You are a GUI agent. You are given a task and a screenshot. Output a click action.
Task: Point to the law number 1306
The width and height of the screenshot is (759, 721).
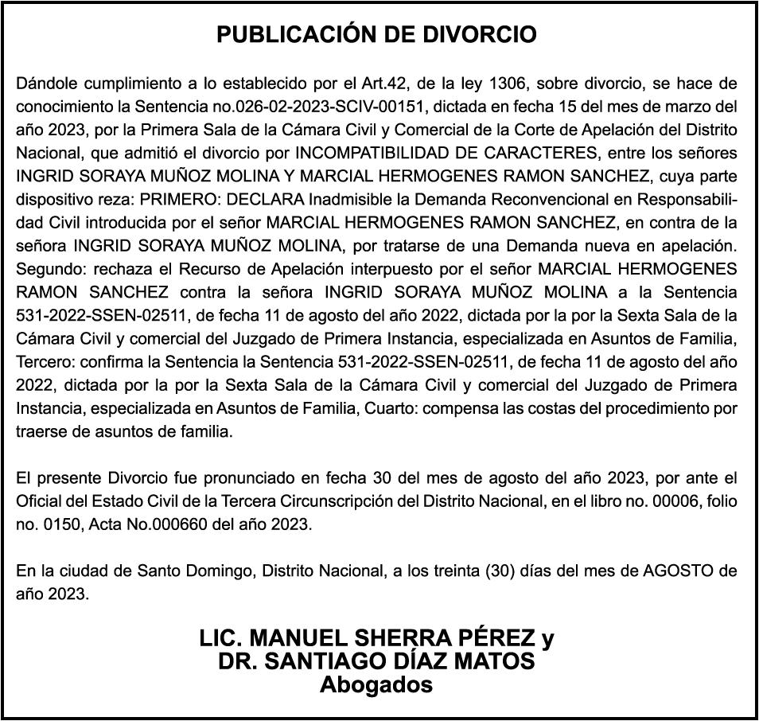[508, 83]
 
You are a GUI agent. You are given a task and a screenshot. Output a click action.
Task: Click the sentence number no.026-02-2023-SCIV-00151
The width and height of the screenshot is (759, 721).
[334, 106]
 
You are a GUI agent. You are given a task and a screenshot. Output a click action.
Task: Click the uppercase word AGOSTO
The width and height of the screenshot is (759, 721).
[668, 571]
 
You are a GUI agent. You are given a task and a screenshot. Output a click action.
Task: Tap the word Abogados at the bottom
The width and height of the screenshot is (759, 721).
[376, 684]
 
